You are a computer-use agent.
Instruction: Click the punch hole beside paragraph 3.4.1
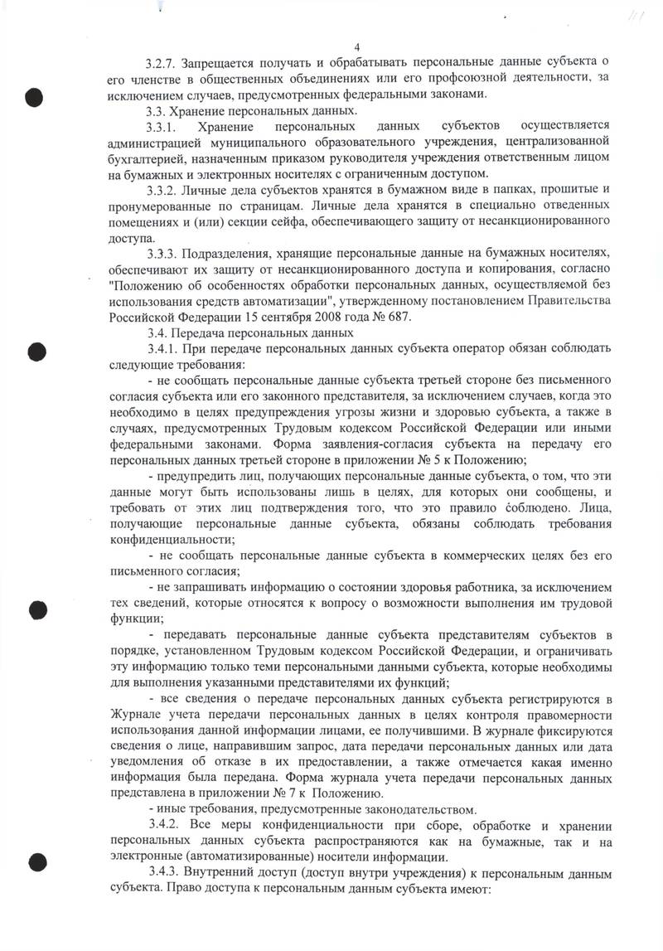[35, 352]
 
